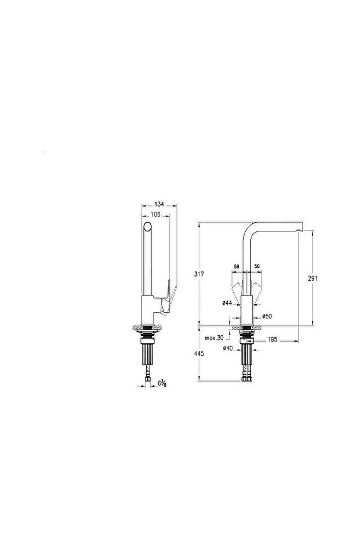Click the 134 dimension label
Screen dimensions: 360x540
point(159,205)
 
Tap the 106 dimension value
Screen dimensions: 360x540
point(155,215)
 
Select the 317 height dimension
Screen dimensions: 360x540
point(199,274)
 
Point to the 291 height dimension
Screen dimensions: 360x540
point(312,278)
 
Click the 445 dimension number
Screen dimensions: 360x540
point(199,354)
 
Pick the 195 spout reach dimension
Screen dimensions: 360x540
point(272,340)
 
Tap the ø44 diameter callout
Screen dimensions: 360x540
point(227,303)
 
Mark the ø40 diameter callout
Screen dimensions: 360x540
point(227,349)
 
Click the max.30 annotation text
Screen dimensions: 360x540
point(214,338)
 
